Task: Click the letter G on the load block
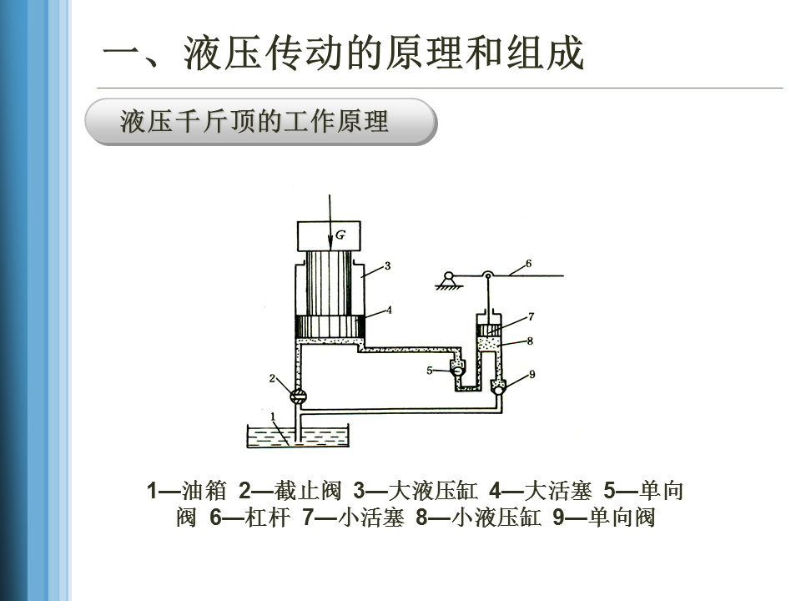point(340,235)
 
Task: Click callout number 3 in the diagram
point(388,266)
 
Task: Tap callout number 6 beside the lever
point(528,264)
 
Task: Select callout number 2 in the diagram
point(271,378)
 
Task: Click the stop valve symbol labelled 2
point(299,396)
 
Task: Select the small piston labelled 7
point(490,330)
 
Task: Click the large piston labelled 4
point(330,326)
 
